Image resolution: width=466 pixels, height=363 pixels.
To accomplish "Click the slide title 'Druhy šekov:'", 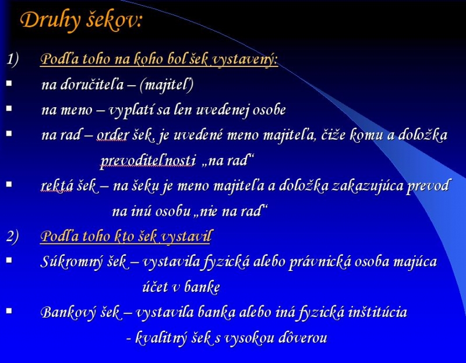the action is point(82,21).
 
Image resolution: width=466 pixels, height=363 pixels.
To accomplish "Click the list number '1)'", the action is point(12,59).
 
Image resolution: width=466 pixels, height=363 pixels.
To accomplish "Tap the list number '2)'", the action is point(13,236).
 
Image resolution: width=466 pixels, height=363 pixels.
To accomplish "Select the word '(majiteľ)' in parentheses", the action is point(167,84).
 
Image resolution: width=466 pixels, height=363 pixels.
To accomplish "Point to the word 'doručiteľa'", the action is point(92,84).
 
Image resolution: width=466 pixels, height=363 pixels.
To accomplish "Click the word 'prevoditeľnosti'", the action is point(148,161).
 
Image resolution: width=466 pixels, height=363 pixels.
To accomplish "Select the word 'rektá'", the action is point(57,186).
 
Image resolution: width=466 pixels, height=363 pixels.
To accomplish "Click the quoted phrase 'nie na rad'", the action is point(230,211).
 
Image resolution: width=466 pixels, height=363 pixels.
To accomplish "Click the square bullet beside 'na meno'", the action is point(9,108).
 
